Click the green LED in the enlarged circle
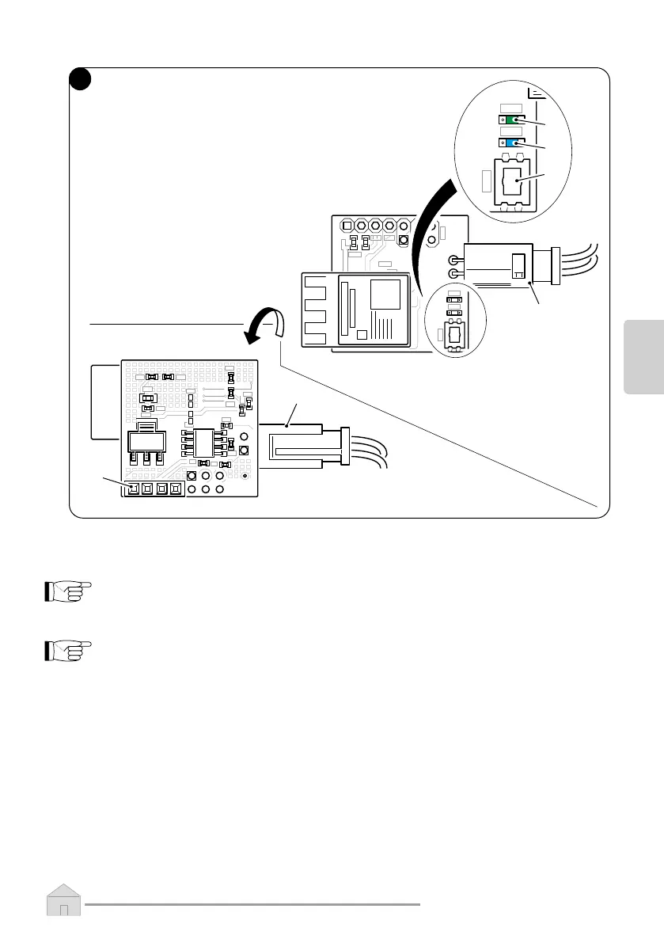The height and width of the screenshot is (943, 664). click(x=515, y=120)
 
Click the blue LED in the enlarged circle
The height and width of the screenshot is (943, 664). click(x=515, y=143)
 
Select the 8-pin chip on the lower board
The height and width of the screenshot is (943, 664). click(x=205, y=443)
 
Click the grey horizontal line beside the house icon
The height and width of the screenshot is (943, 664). click(x=253, y=904)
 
